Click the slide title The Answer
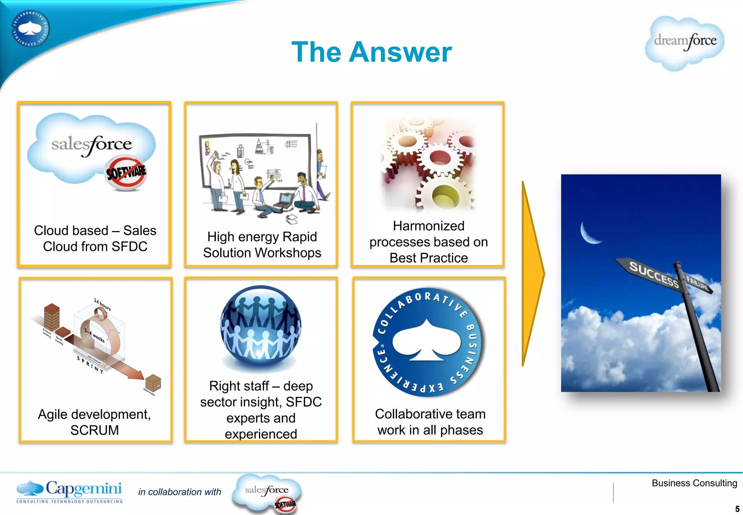371,52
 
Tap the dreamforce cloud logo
685,42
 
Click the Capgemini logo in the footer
69,491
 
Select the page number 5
737,508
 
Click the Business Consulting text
694,483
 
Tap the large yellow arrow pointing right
532,273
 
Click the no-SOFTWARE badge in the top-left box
126,173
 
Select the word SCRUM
94,430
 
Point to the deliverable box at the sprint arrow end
153,383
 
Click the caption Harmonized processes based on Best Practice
428,242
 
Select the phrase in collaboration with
180,492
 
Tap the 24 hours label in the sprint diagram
102,304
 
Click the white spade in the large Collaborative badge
426,341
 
